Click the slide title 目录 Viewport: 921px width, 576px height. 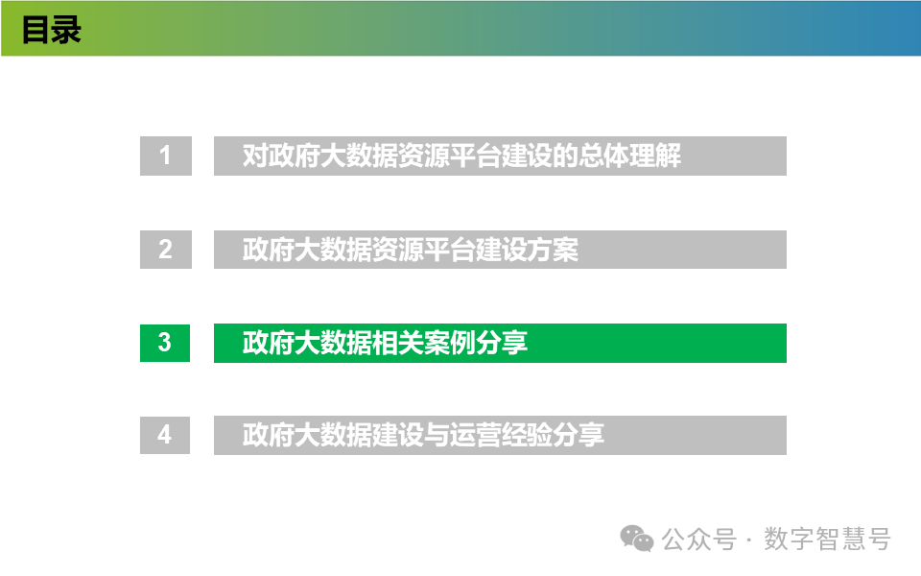(x=52, y=30)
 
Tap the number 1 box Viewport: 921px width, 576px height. (x=165, y=156)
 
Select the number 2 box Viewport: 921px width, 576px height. (x=165, y=250)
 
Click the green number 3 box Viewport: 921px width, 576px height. (x=165, y=343)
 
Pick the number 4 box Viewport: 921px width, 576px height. (x=165, y=435)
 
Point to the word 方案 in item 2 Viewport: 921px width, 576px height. (x=555, y=250)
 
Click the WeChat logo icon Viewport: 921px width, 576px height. (x=636, y=539)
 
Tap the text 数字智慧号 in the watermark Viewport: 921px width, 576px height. (x=827, y=540)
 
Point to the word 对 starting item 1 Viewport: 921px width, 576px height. (x=254, y=156)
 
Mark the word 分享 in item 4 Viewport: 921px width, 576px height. (x=579, y=435)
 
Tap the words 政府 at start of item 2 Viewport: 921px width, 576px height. (x=267, y=250)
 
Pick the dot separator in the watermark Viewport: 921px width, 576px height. (x=748, y=540)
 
